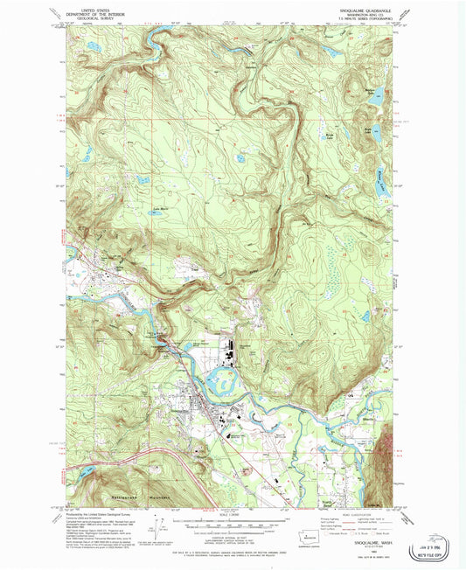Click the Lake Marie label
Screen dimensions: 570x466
pos(159,208)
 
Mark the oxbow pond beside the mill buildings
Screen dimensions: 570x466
pos(226,380)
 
